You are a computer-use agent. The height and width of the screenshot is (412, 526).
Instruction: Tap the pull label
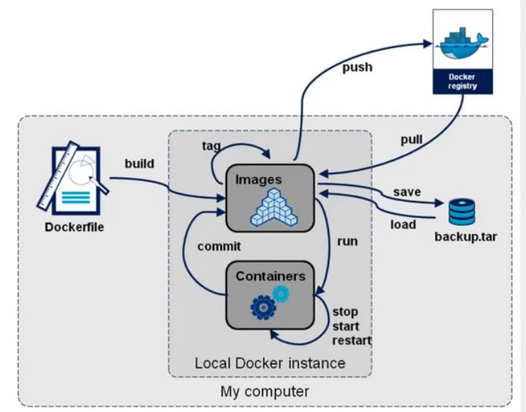411,141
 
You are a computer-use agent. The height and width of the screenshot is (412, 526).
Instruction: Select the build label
139,164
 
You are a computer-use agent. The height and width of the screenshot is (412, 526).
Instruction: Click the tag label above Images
210,145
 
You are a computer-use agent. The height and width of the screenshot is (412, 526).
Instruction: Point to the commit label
219,246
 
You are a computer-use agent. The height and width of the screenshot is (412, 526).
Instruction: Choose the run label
347,241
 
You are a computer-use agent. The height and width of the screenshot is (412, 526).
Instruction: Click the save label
407,192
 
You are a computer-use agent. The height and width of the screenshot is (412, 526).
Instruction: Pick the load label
402,224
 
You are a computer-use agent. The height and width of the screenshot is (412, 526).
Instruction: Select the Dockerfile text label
75,227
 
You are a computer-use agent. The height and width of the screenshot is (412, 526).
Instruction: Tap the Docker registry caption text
462,81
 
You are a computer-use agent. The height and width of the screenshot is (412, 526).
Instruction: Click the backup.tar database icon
462,212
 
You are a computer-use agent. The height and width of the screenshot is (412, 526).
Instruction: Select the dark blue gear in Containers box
262,307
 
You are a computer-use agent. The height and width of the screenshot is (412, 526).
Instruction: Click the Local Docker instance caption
270,362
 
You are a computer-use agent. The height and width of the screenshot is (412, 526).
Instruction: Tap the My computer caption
265,392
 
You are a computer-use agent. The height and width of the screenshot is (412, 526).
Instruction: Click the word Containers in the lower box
270,276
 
